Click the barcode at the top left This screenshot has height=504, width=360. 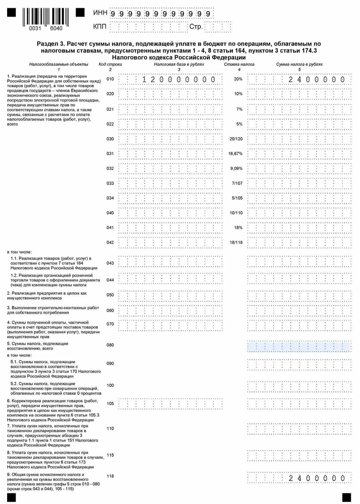click(46, 16)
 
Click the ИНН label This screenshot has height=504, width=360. click(100, 13)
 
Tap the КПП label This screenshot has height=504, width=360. click(99, 26)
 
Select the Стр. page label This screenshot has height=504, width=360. click(196, 27)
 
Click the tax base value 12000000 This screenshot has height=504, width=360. click(179, 79)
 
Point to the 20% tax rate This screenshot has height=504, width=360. click(238, 79)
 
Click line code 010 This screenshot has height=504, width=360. click(110, 79)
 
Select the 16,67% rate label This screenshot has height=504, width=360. click(235, 154)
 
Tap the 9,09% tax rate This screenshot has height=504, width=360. click(236, 168)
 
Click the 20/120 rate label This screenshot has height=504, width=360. click(236, 139)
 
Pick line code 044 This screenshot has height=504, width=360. click(110, 280)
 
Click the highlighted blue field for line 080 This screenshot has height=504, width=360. click(299, 347)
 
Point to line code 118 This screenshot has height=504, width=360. click(110, 476)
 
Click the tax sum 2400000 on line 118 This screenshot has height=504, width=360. click(316, 478)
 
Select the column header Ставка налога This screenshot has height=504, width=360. click(239, 64)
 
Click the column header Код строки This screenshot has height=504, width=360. click(110, 64)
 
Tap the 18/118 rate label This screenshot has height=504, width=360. click(236, 243)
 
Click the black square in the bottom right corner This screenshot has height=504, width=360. click(346, 498)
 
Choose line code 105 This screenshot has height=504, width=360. click(110, 404)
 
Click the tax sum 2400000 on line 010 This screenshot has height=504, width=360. click(316, 79)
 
